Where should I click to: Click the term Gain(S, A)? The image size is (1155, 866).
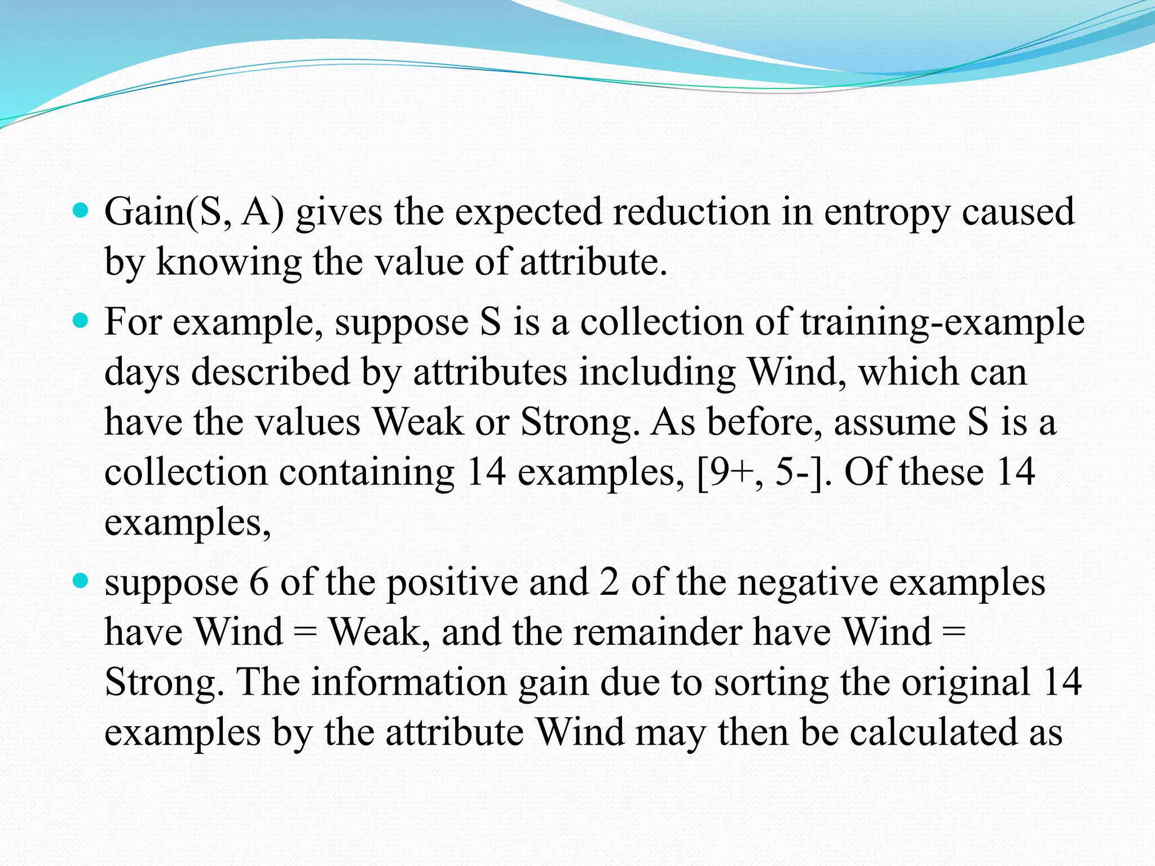(194, 213)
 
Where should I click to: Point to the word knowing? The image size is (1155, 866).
(228, 263)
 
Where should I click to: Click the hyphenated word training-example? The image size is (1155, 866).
(942, 323)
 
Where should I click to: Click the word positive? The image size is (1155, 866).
(452, 583)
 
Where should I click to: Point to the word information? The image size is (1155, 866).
(409, 682)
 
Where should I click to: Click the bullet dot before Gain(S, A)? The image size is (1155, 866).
(82, 211)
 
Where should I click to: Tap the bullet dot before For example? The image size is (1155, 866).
(82, 321)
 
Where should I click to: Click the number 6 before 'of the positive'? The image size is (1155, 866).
(259, 583)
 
